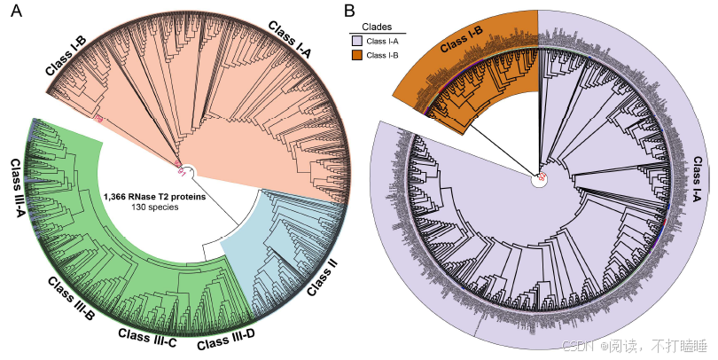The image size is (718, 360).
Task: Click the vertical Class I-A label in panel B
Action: [698, 191]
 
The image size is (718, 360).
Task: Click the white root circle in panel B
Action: [538, 178]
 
